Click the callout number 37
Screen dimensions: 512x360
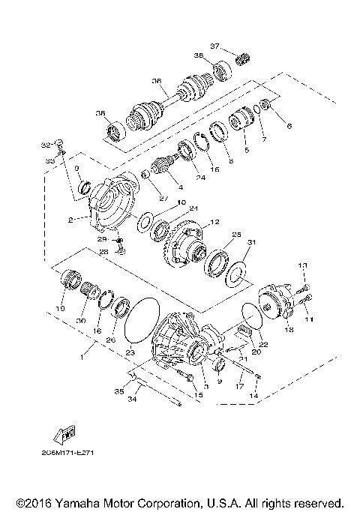click(214, 46)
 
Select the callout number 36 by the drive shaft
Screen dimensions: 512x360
click(157, 82)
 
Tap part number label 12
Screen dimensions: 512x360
click(214, 222)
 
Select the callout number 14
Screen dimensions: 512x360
click(256, 394)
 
